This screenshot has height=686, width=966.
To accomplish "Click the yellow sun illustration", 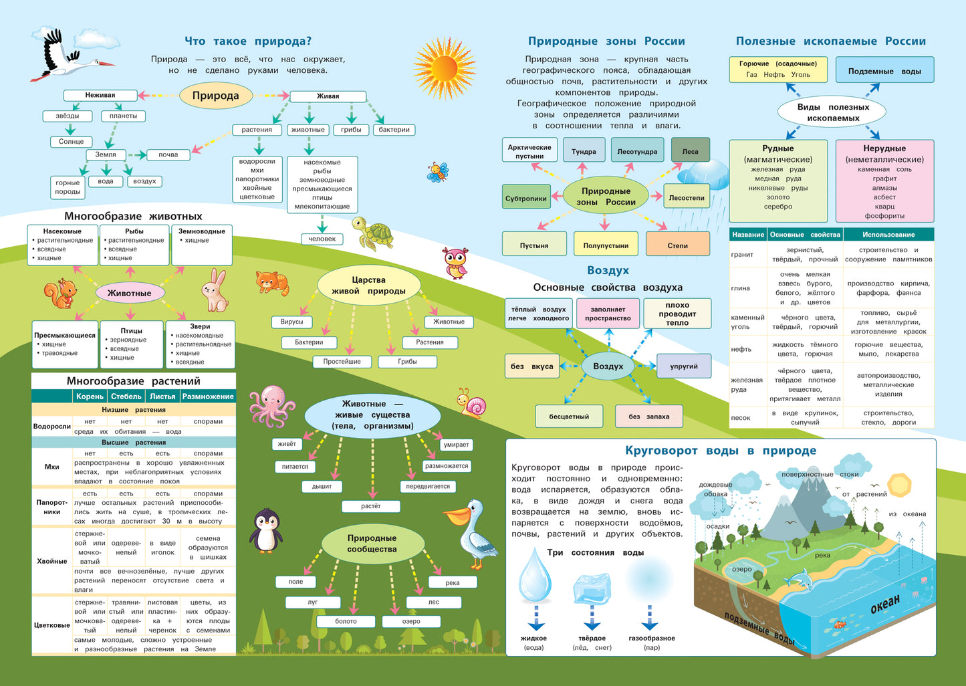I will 443,68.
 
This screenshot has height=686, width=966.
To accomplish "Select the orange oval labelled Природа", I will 215,96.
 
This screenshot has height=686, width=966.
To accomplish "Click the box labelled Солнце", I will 71,142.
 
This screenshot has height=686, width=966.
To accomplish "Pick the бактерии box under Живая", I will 394,130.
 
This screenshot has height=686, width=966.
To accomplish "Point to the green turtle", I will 372,233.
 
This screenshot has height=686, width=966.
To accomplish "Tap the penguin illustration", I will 265,530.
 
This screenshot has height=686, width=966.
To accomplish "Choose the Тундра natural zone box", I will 584,151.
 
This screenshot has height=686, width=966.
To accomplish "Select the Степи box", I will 677,245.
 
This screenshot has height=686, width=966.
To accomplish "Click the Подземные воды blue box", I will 884,71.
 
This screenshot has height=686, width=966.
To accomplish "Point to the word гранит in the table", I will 742,255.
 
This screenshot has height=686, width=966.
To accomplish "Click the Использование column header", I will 888,235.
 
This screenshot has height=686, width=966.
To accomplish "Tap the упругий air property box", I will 683,366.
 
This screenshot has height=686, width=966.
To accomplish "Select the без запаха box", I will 648,417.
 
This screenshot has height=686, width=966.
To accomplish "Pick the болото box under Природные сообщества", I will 346,621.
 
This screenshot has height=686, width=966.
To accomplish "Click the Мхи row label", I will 51,467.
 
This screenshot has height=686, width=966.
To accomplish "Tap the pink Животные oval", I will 130,293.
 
